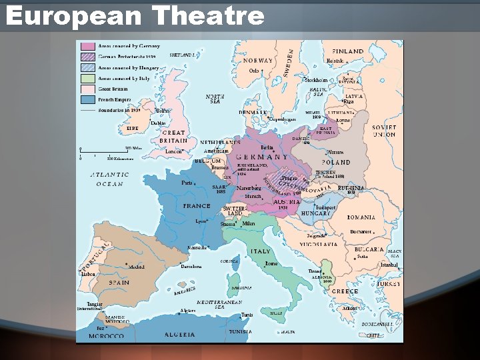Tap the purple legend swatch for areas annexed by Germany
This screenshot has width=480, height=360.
point(87,47)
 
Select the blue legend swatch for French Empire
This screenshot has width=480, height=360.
point(87,99)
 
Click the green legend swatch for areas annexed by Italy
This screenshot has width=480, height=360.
point(87,78)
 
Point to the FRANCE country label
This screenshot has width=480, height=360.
point(197,206)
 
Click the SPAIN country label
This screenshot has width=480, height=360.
point(119,283)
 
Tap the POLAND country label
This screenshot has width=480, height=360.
point(336,163)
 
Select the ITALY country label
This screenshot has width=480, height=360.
point(260,251)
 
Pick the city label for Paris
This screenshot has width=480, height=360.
point(187,183)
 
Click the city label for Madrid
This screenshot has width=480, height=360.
point(136,267)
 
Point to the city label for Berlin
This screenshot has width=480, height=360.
point(267,147)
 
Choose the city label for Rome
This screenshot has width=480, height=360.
point(271,263)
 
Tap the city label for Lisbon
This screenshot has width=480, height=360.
point(88,273)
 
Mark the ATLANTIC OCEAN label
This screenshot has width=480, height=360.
point(109,179)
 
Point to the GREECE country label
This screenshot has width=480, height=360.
point(345,291)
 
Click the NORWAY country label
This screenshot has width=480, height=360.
point(257,61)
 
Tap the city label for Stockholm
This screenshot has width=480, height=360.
point(316,80)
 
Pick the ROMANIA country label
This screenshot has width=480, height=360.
point(361,217)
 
